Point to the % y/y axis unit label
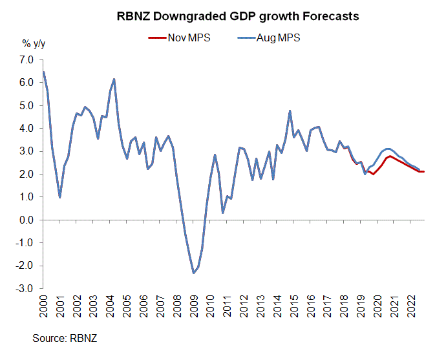(36, 44)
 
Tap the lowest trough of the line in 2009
(193, 273)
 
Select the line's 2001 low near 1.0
(60, 197)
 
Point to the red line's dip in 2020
(373, 174)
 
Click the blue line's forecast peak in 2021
(387, 149)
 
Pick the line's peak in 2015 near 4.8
(290, 111)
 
